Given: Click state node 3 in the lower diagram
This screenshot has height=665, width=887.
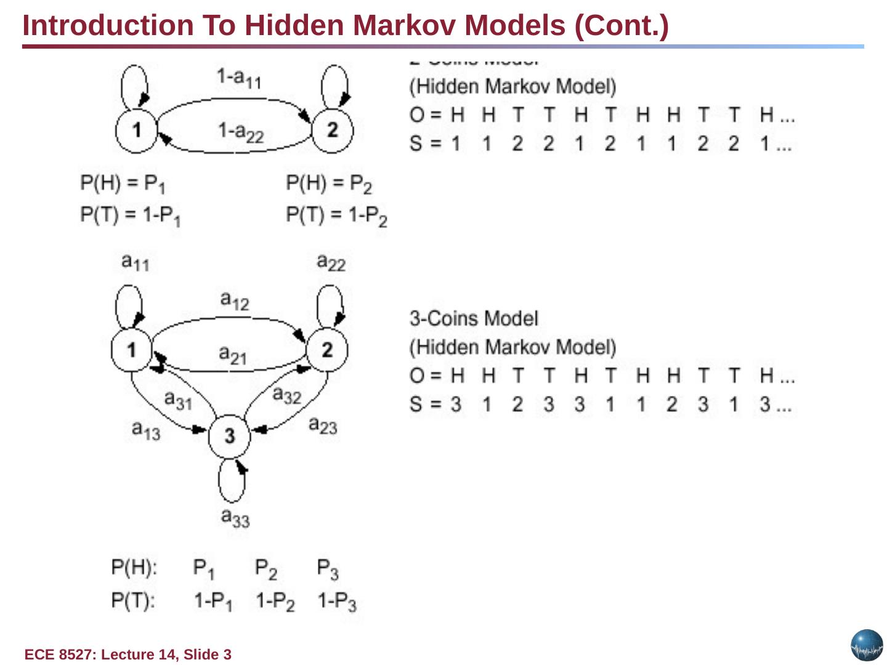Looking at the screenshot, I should (229, 435).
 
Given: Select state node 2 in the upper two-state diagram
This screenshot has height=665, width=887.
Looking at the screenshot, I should (333, 129).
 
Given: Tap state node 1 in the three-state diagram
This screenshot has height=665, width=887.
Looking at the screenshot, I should (131, 350).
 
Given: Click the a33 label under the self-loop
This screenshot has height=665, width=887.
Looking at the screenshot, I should (235, 517).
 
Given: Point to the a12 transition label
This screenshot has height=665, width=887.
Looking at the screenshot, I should (235, 300).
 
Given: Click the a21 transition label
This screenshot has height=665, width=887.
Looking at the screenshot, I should (233, 355).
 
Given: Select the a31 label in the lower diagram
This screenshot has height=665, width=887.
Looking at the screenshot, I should (179, 400).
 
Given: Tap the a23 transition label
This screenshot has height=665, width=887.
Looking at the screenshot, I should (323, 425).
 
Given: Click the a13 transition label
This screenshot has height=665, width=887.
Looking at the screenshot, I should (146, 430).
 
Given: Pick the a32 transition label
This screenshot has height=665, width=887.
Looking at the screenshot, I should (286, 395).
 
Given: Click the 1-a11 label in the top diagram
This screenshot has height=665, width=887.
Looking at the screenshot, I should (239, 78).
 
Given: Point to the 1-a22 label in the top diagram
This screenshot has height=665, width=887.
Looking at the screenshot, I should (240, 131).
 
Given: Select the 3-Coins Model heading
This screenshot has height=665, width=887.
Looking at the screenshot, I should (474, 318).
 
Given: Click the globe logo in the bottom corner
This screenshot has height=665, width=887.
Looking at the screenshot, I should (867, 645).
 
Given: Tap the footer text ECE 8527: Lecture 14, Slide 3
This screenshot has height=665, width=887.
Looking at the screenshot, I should (128, 655).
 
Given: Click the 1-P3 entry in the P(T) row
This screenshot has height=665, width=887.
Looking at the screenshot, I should (337, 601).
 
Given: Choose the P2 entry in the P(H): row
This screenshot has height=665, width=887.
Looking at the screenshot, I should (266, 568).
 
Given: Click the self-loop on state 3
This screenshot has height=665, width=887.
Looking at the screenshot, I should (232, 482).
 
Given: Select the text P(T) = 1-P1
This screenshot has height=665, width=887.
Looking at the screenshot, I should (131, 216).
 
